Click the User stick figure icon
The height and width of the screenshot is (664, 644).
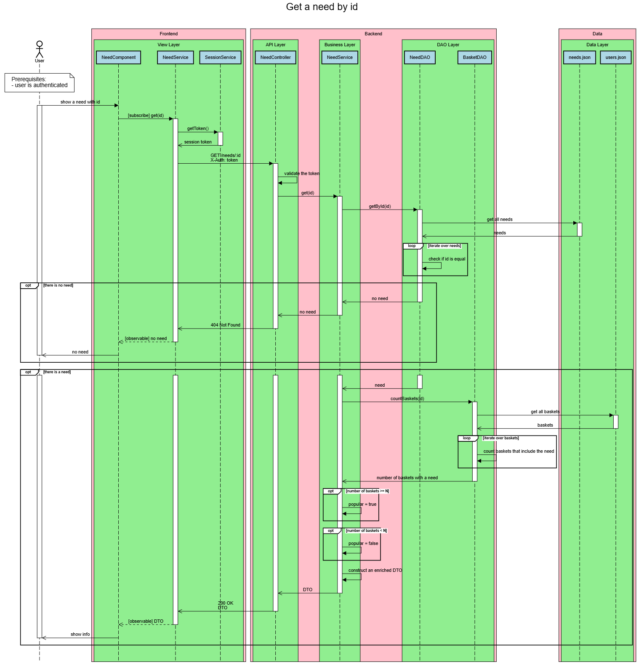40,50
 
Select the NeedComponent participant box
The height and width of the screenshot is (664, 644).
118,58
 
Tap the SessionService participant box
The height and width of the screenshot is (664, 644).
220,58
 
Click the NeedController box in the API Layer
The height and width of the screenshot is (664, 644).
275,58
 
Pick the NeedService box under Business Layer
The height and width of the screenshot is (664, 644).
340,58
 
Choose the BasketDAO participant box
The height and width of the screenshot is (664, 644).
474,58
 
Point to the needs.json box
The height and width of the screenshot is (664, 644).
579,58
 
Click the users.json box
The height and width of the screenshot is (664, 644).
615,58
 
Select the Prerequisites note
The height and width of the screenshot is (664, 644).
40,82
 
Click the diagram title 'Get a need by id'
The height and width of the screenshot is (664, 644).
322,7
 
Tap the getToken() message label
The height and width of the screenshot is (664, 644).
198,129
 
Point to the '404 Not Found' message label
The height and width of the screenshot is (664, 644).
225,325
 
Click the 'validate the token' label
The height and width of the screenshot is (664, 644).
301,174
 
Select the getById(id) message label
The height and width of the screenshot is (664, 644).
380,207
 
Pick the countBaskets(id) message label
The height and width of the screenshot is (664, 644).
407,399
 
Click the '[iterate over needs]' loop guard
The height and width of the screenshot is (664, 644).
444,246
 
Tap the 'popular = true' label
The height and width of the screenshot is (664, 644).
362,505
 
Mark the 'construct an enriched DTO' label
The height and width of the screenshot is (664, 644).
375,571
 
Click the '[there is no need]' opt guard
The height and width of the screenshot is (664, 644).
58,286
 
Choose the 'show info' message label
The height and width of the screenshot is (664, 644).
80,635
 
